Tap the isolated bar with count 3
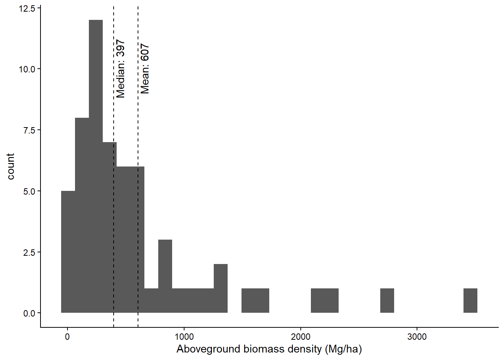tap(165, 276)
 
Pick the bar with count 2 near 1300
tap(220, 288)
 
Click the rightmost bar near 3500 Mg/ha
tap(470, 300)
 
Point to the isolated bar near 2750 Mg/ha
tap(387, 300)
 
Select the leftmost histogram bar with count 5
tap(68, 252)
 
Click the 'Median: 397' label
tap(120, 69)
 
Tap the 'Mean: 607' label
tap(145, 69)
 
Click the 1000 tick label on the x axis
tap(184, 337)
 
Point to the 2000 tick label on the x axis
tap(301, 337)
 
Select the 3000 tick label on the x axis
tap(417, 337)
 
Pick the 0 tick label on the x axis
tap(67, 337)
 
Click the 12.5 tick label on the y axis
tap(27, 8)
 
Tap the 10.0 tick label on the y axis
tap(27, 69)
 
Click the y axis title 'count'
tap(10, 166)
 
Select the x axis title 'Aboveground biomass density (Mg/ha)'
tap(269, 349)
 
